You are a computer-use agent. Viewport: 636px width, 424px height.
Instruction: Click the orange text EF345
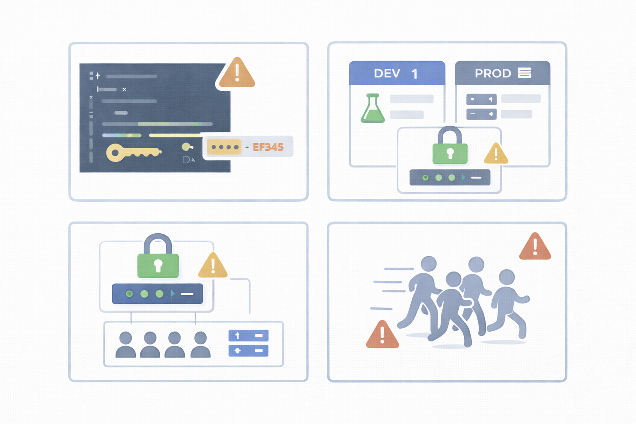pos(268,147)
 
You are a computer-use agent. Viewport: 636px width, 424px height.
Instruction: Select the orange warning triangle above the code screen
pos(237,74)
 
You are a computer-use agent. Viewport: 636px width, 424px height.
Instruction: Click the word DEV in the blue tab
pos(387,73)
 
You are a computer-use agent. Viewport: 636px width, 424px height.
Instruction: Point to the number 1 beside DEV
pos(414,74)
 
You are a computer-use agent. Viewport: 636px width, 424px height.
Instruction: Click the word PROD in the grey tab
pos(493,73)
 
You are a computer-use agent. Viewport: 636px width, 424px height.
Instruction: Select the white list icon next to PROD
pos(525,73)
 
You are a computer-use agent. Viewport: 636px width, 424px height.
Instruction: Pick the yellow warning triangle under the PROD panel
pos(496,154)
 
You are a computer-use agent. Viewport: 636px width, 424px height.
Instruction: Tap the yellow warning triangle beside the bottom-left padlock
pos(213,266)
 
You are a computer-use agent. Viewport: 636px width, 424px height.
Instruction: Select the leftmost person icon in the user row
pos(125,344)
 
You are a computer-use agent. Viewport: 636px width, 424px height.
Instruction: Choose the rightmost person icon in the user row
pos(200,344)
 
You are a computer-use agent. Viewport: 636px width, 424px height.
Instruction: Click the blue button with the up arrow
pos(248,335)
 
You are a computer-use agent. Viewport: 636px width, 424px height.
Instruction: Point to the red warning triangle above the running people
pos(535,247)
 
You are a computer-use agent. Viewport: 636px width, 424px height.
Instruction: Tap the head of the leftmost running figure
pos(429,264)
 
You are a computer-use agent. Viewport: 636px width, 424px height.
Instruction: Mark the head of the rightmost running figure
pos(507,277)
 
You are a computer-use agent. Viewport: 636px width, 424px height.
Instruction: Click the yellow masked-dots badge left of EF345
pos(224,147)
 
